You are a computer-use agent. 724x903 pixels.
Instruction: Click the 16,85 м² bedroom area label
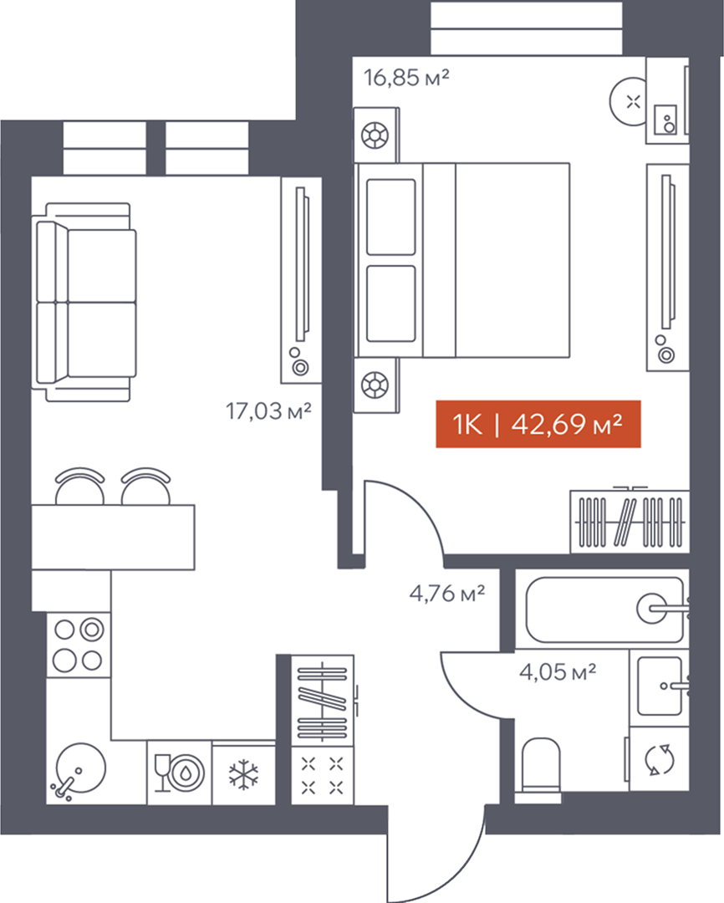(x=406, y=77)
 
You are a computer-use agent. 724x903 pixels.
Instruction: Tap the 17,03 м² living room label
(x=268, y=411)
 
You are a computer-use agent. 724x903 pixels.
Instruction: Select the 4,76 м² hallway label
(x=447, y=593)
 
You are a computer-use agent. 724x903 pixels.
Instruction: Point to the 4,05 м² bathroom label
(x=558, y=671)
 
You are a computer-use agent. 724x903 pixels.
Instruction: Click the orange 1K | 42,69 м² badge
(x=538, y=424)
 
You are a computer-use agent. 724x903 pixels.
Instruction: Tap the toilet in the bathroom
(x=539, y=770)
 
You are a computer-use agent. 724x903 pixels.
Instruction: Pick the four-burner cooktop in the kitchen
(x=79, y=645)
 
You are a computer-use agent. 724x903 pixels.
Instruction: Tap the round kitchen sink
(x=80, y=769)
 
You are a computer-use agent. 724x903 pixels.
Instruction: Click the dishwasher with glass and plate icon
(x=179, y=773)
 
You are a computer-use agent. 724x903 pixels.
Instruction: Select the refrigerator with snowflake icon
(x=243, y=773)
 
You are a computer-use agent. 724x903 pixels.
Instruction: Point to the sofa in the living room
(x=86, y=303)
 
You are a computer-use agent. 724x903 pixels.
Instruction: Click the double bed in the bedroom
(x=462, y=260)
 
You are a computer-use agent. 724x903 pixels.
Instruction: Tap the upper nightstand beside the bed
(x=375, y=135)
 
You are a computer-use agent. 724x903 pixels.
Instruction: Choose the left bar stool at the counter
(x=80, y=487)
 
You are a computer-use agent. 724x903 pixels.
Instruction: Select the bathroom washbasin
(x=660, y=686)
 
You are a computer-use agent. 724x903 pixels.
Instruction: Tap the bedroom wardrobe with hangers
(x=630, y=521)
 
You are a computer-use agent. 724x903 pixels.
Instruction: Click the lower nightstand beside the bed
(x=375, y=385)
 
